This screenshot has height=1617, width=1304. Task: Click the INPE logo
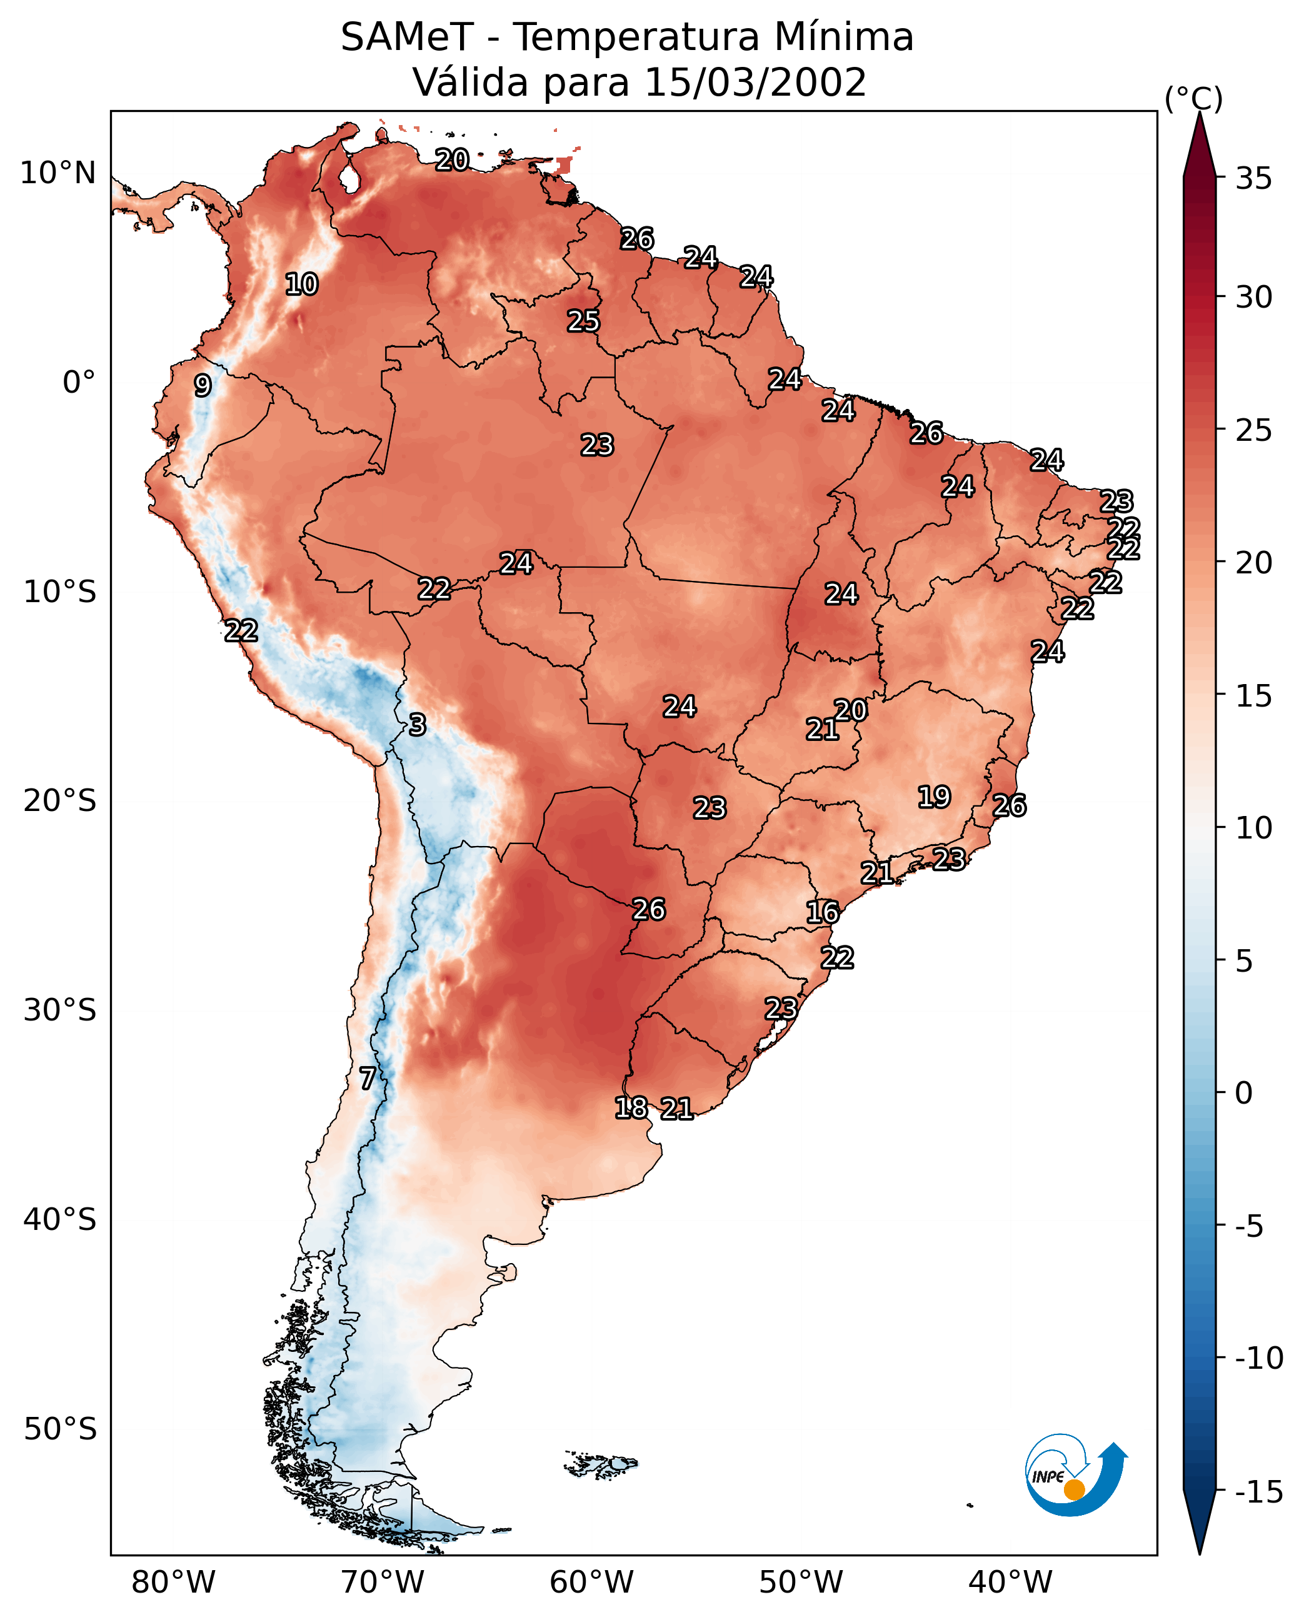tap(1075, 1474)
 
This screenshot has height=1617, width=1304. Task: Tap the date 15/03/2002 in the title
tap(755, 82)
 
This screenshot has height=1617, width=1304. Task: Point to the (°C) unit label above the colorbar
tap(1193, 98)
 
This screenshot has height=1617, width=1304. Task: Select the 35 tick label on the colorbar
tap(1253, 179)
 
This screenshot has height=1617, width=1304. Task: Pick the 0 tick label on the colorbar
tap(1244, 1093)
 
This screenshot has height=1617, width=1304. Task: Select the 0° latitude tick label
tap(79, 383)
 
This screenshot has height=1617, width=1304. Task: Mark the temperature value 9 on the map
tap(203, 385)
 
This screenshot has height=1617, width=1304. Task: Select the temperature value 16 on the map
tap(823, 912)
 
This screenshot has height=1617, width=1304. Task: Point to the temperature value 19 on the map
tap(935, 797)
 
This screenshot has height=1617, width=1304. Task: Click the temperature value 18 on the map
tap(631, 1107)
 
